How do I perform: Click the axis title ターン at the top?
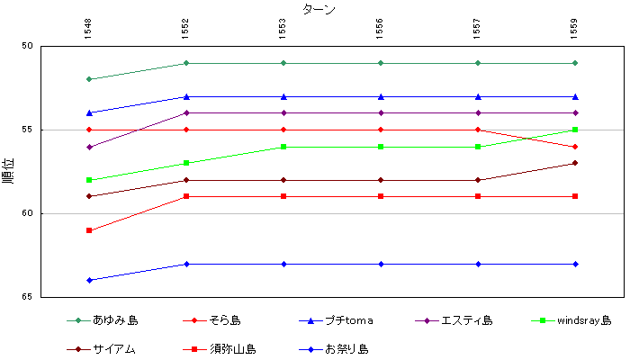(319, 9)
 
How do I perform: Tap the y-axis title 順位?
(8, 170)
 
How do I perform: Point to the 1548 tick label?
(88, 29)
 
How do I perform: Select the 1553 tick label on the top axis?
(283, 29)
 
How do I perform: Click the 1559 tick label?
(575, 29)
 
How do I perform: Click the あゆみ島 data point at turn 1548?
(89, 79)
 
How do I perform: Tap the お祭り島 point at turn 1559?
(575, 264)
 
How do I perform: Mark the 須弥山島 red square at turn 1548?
(89, 230)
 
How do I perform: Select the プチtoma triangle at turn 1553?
(283, 96)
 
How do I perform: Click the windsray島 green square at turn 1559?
(575, 130)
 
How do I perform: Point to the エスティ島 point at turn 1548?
(89, 147)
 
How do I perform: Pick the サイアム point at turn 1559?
(575, 163)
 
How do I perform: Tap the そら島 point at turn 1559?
(575, 147)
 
